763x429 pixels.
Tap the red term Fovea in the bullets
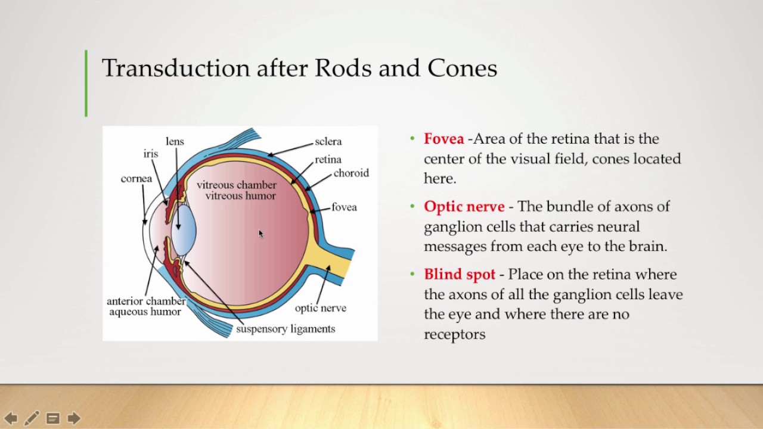pyautogui.click(x=443, y=139)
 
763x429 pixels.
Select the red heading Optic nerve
pyautogui.click(x=464, y=207)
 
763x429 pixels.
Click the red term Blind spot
pyautogui.click(x=459, y=275)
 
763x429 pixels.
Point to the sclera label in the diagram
pyautogui.click(x=328, y=142)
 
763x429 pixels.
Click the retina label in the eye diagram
pyautogui.click(x=328, y=160)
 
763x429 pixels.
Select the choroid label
pyautogui.click(x=351, y=173)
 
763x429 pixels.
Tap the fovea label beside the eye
pyautogui.click(x=344, y=207)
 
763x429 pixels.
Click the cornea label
pyautogui.click(x=137, y=179)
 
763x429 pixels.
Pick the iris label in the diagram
pyautogui.click(x=151, y=154)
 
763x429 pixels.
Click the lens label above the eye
pyautogui.click(x=175, y=142)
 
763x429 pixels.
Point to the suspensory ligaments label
pyautogui.click(x=286, y=329)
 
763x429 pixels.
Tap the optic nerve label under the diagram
pyautogui.click(x=320, y=309)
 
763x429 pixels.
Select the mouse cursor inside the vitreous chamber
pyautogui.click(x=260, y=234)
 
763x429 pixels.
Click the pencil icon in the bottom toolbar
pyautogui.click(x=32, y=418)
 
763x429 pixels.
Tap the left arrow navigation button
pyautogui.click(x=11, y=418)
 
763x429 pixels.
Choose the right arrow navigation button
pyautogui.click(x=74, y=418)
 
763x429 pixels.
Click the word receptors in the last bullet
pyautogui.click(x=454, y=335)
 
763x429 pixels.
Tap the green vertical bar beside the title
pyautogui.click(x=86, y=83)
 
